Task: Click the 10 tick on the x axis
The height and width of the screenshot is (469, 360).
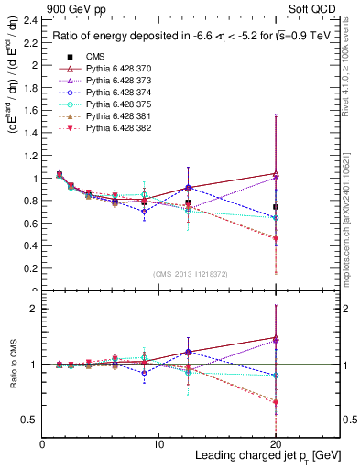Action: (x=159, y=443)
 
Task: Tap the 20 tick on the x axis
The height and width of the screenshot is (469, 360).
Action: (x=276, y=443)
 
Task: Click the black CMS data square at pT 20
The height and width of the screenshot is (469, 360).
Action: (x=276, y=207)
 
